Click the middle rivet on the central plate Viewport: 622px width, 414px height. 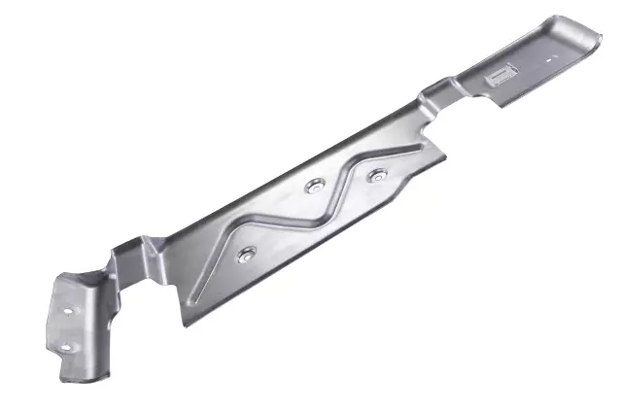pos(313,186)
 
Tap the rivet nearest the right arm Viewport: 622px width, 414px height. pos(377,176)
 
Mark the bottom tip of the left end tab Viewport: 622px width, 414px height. pos(65,377)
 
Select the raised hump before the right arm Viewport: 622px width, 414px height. pos(434,93)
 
